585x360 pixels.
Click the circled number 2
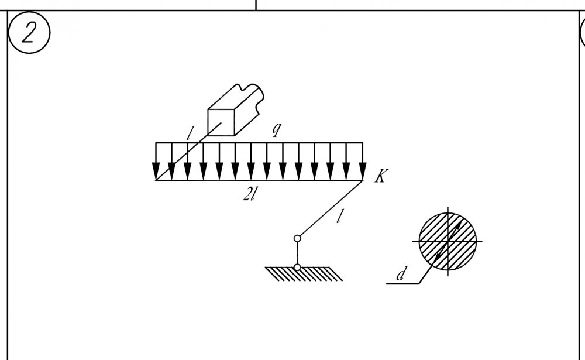click(x=29, y=33)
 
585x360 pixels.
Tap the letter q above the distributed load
click(x=276, y=129)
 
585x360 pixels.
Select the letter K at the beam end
click(x=381, y=176)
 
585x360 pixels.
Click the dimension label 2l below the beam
click(x=250, y=194)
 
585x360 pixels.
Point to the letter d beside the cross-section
click(x=401, y=274)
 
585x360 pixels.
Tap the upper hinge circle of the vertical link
click(x=297, y=238)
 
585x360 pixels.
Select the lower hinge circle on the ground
click(x=297, y=268)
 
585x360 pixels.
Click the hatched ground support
click(x=304, y=274)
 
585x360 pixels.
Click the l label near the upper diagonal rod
click(x=190, y=133)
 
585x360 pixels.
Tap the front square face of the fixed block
click(x=221, y=122)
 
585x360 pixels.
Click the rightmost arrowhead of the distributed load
click(x=362, y=171)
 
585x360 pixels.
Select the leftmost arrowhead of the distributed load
click(x=156, y=171)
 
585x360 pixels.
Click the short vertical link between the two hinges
click(x=297, y=253)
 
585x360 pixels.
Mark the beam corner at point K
click(x=363, y=180)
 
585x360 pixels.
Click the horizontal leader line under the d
click(x=402, y=284)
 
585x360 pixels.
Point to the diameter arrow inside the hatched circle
click(x=448, y=241)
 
